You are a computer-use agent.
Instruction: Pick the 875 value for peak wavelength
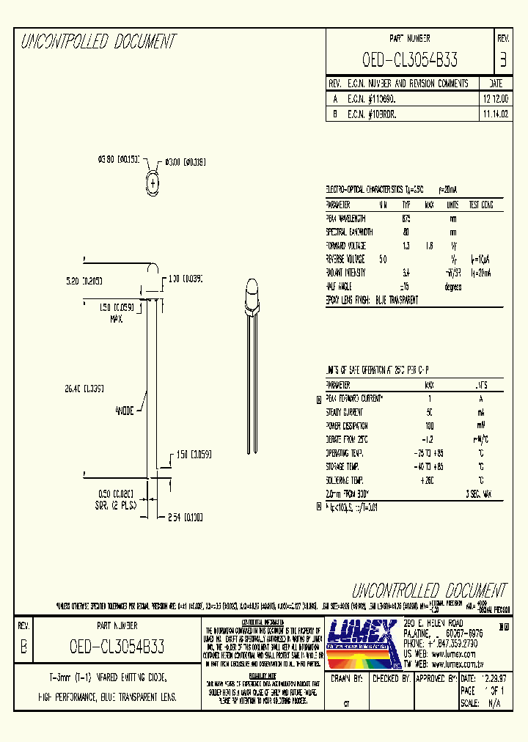(x=406, y=218)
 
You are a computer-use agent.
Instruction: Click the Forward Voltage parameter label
(x=345, y=246)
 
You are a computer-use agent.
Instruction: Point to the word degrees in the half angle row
(x=453, y=287)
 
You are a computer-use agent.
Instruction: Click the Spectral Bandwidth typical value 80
(x=406, y=232)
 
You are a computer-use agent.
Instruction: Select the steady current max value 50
(x=429, y=412)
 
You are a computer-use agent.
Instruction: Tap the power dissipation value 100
(x=429, y=425)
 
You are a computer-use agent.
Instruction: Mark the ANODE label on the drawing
(x=124, y=411)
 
